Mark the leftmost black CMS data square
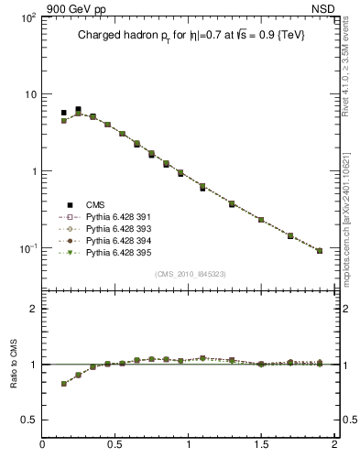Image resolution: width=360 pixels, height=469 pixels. point(64,113)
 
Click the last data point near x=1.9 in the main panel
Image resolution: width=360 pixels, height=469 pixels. point(320,250)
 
